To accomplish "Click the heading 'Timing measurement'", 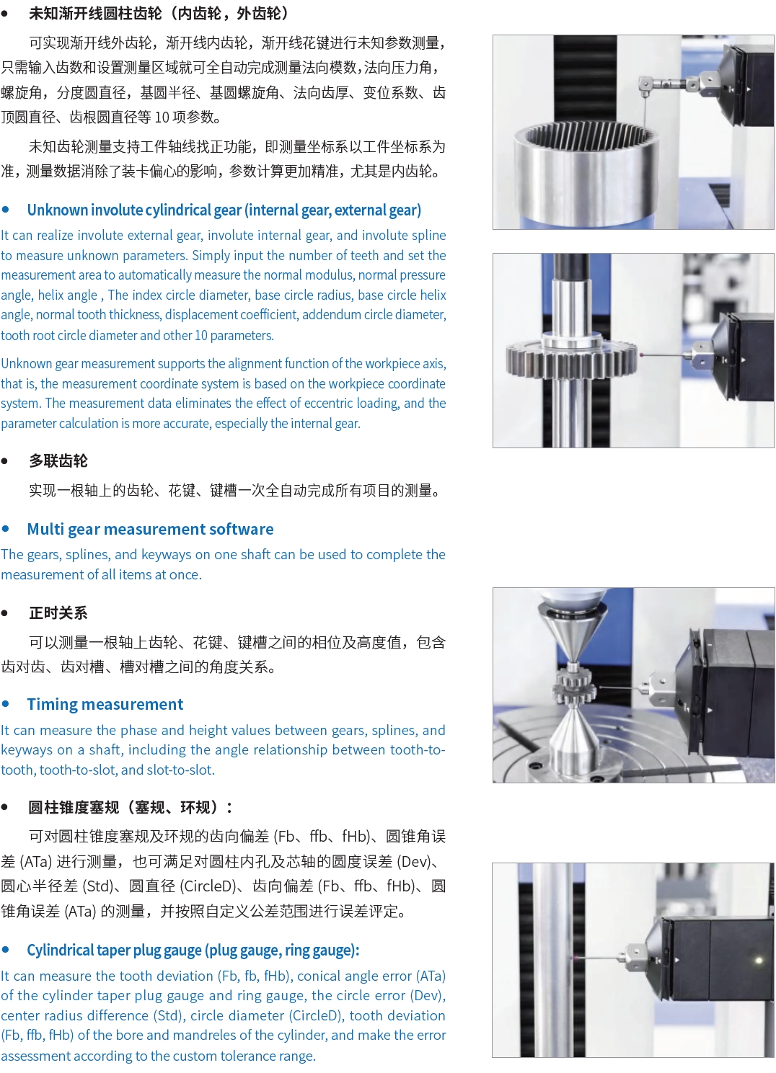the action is coord(105,704).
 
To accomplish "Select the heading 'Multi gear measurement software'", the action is coord(150,529).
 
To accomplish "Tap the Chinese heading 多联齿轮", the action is coord(58,460).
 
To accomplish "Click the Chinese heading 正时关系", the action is coord(58,613).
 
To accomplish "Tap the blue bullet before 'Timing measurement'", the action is coord(6,703).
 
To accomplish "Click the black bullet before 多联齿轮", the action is coord(5,461).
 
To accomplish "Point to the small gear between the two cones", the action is coord(574,687).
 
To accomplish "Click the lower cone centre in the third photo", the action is coord(573,740).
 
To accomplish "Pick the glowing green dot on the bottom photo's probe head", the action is coord(759,959).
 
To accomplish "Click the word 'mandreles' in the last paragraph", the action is coord(207,1035).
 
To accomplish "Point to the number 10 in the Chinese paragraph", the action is coord(162,117).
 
